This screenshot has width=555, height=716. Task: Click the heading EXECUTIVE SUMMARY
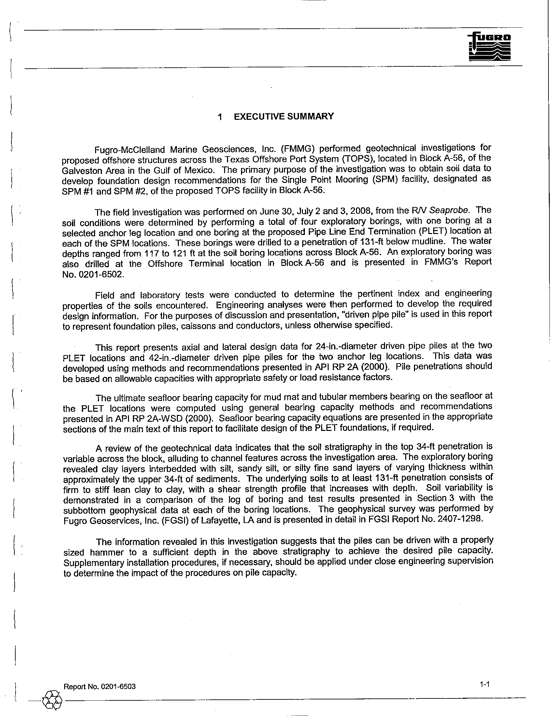point(284,117)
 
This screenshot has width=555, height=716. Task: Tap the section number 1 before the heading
point(220,117)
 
